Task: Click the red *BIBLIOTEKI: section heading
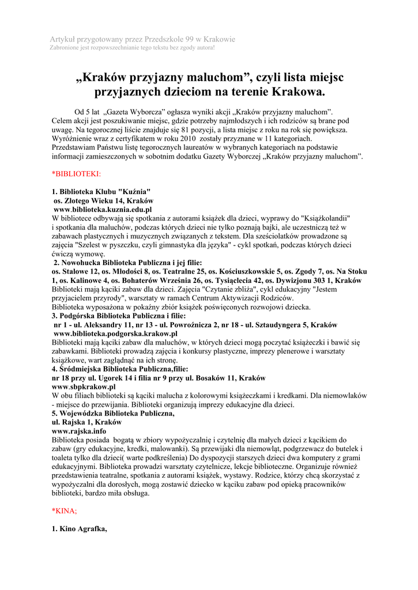[76, 173]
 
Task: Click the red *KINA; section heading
[64, 510]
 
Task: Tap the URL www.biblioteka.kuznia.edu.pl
[102, 210]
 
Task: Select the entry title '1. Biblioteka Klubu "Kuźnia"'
[101, 192]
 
